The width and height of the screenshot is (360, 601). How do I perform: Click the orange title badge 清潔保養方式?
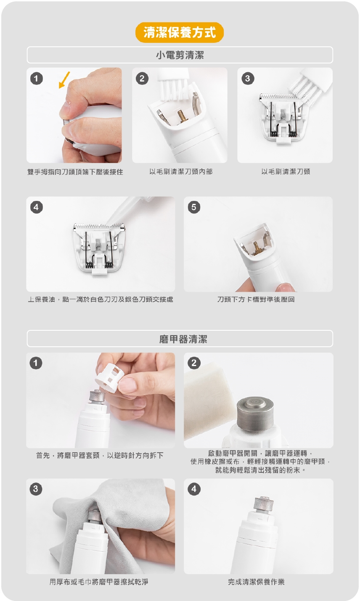(x=180, y=32)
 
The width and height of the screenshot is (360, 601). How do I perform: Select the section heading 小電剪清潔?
(x=180, y=55)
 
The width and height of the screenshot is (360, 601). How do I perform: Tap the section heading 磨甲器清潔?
(x=183, y=339)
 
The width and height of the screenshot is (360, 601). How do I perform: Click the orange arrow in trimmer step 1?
(x=64, y=80)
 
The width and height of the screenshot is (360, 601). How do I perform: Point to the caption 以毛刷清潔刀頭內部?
(x=181, y=171)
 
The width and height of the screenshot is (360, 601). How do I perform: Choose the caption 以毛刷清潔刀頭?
(x=286, y=171)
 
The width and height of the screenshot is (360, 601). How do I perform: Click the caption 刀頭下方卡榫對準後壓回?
(x=256, y=299)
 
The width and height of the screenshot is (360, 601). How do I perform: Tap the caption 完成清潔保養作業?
(x=256, y=582)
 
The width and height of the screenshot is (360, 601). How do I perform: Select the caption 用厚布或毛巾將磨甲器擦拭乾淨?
(x=99, y=582)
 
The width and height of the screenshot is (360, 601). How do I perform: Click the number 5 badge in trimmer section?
(x=194, y=207)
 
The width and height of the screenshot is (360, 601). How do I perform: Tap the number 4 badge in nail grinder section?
(x=194, y=489)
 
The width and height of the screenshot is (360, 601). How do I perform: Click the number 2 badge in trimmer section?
(x=142, y=78)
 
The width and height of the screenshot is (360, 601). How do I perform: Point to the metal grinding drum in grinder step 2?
(x=255, y=414)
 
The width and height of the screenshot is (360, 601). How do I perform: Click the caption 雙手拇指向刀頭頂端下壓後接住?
(x=75, y=172)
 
